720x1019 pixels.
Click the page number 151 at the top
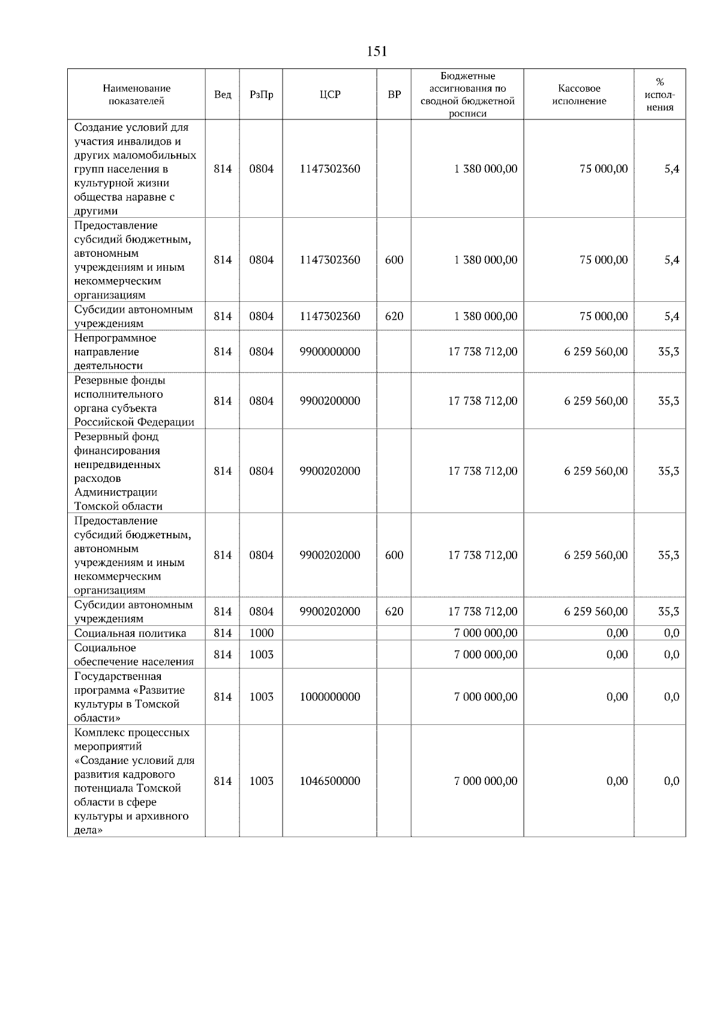tap(377, 52)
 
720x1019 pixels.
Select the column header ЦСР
tap(330, 95)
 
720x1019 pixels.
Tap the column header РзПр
tap(261, 95)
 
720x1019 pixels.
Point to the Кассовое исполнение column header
tap(579, 95)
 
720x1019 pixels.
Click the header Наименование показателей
tap(136, 95)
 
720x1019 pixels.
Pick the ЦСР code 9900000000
tap(330, 352)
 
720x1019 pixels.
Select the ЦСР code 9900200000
tap(330, 401)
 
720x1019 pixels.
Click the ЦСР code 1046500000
tap(330, 781)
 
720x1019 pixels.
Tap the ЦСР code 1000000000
tap(330, 697)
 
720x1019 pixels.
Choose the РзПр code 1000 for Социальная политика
tap(261, 633)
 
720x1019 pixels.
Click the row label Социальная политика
tap(130, 633)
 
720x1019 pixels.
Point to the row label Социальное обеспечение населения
tap(134, 655)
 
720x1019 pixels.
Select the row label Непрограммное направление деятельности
tap(115, 352)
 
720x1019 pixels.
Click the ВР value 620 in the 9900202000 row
tap(394, 612)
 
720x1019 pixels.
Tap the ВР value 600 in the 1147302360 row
tap(394, 260)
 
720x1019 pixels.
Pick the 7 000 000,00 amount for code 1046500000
tap(485, 781)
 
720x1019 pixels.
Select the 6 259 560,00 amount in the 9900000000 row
tap(596, 352)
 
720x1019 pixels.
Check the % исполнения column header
tap(660, 95)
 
